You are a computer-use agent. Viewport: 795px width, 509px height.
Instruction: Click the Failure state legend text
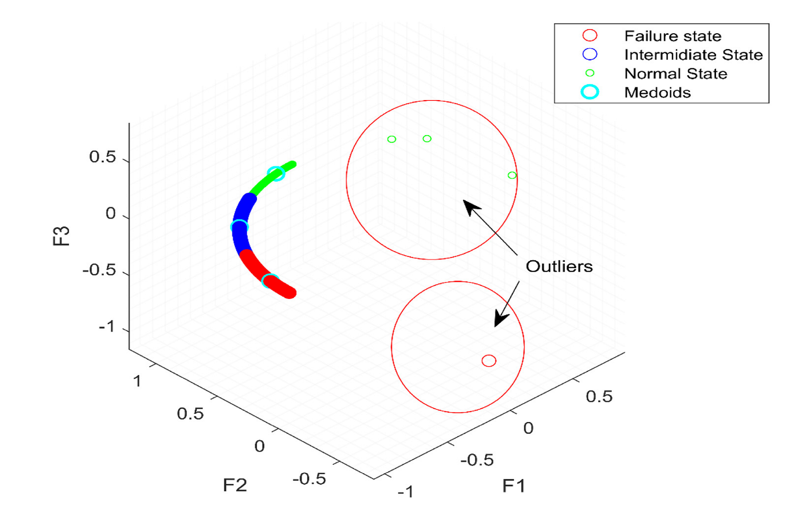click(672, 36)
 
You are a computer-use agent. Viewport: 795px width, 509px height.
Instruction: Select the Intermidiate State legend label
click(693, 55)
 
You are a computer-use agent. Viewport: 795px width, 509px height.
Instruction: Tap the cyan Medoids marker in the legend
click(590, 92)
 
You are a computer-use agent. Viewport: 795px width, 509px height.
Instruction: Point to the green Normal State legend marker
click(590, 73)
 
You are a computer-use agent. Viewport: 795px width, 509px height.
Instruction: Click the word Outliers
click(559, 266)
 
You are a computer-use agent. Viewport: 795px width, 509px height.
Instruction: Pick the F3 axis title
click(61, 236)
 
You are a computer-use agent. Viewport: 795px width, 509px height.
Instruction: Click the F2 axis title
click(235, 485)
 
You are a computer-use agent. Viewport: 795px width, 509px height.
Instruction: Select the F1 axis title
click(514, 485)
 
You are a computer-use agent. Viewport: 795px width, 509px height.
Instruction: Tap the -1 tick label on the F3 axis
click(107, 326)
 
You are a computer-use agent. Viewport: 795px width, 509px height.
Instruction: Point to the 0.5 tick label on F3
click(102, 157)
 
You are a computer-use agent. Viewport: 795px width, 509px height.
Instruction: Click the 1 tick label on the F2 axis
click(137, 381)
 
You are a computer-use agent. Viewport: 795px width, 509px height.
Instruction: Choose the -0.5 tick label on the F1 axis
click(477, 460)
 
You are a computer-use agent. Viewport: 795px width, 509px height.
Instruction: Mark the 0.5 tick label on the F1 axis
click(599, 396)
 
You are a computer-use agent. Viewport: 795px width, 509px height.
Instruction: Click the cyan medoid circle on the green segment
click(276, 173)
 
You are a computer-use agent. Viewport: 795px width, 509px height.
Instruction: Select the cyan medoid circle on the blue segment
click(239, 227)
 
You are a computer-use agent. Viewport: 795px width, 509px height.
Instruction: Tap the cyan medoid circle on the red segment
click(270, 281)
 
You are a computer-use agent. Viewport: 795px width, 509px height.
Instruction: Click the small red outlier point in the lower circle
click(489, 361)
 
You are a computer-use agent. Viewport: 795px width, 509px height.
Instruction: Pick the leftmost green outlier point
click(392, 139)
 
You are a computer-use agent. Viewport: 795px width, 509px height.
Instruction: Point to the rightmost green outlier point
click(512, 176)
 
